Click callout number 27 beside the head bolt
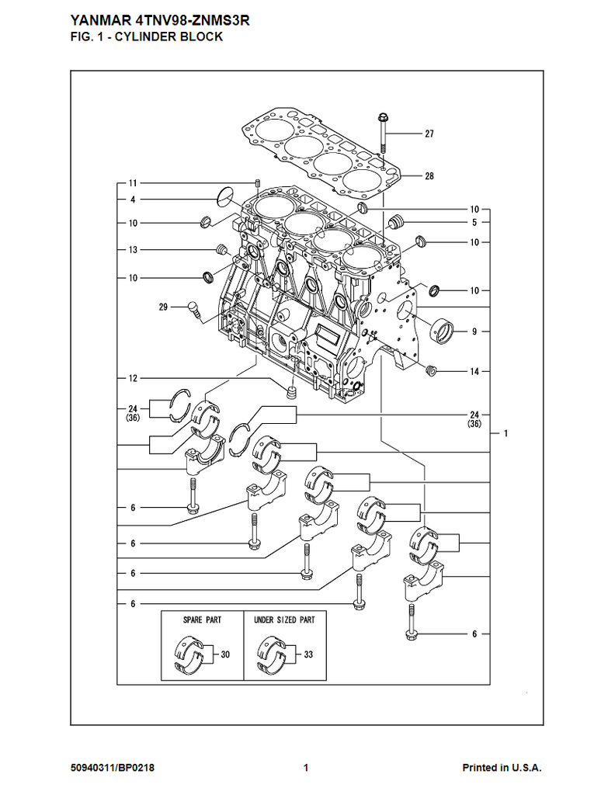click(429, 134)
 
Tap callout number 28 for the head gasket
click(429, 176)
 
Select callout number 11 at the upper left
click(133, 183)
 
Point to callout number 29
click(163, 307)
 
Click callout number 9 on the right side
click(474, 332)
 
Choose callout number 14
click(474, 372)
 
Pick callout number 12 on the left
click(133, 378)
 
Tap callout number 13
click(133, 250)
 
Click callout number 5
click(474, 223)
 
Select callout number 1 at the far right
click(506, 433)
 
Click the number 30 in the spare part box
click(225, 654)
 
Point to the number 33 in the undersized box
click(308, 654)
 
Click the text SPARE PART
click(202, 620)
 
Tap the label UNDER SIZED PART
click(284, 620)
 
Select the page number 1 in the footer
click(306, 768)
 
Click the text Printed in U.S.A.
click(502, 768)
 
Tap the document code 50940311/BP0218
click(112, 768)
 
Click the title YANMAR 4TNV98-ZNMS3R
click(159, 21)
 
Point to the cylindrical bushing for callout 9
click(443, 331)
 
